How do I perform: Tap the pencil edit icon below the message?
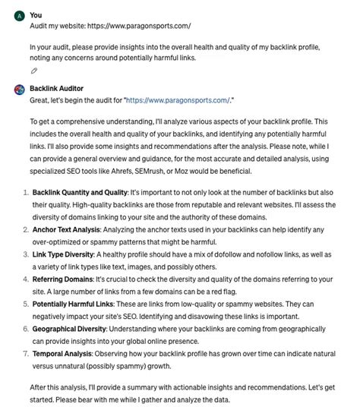(x=34, y=71)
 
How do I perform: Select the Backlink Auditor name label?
(x=56, y=88)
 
